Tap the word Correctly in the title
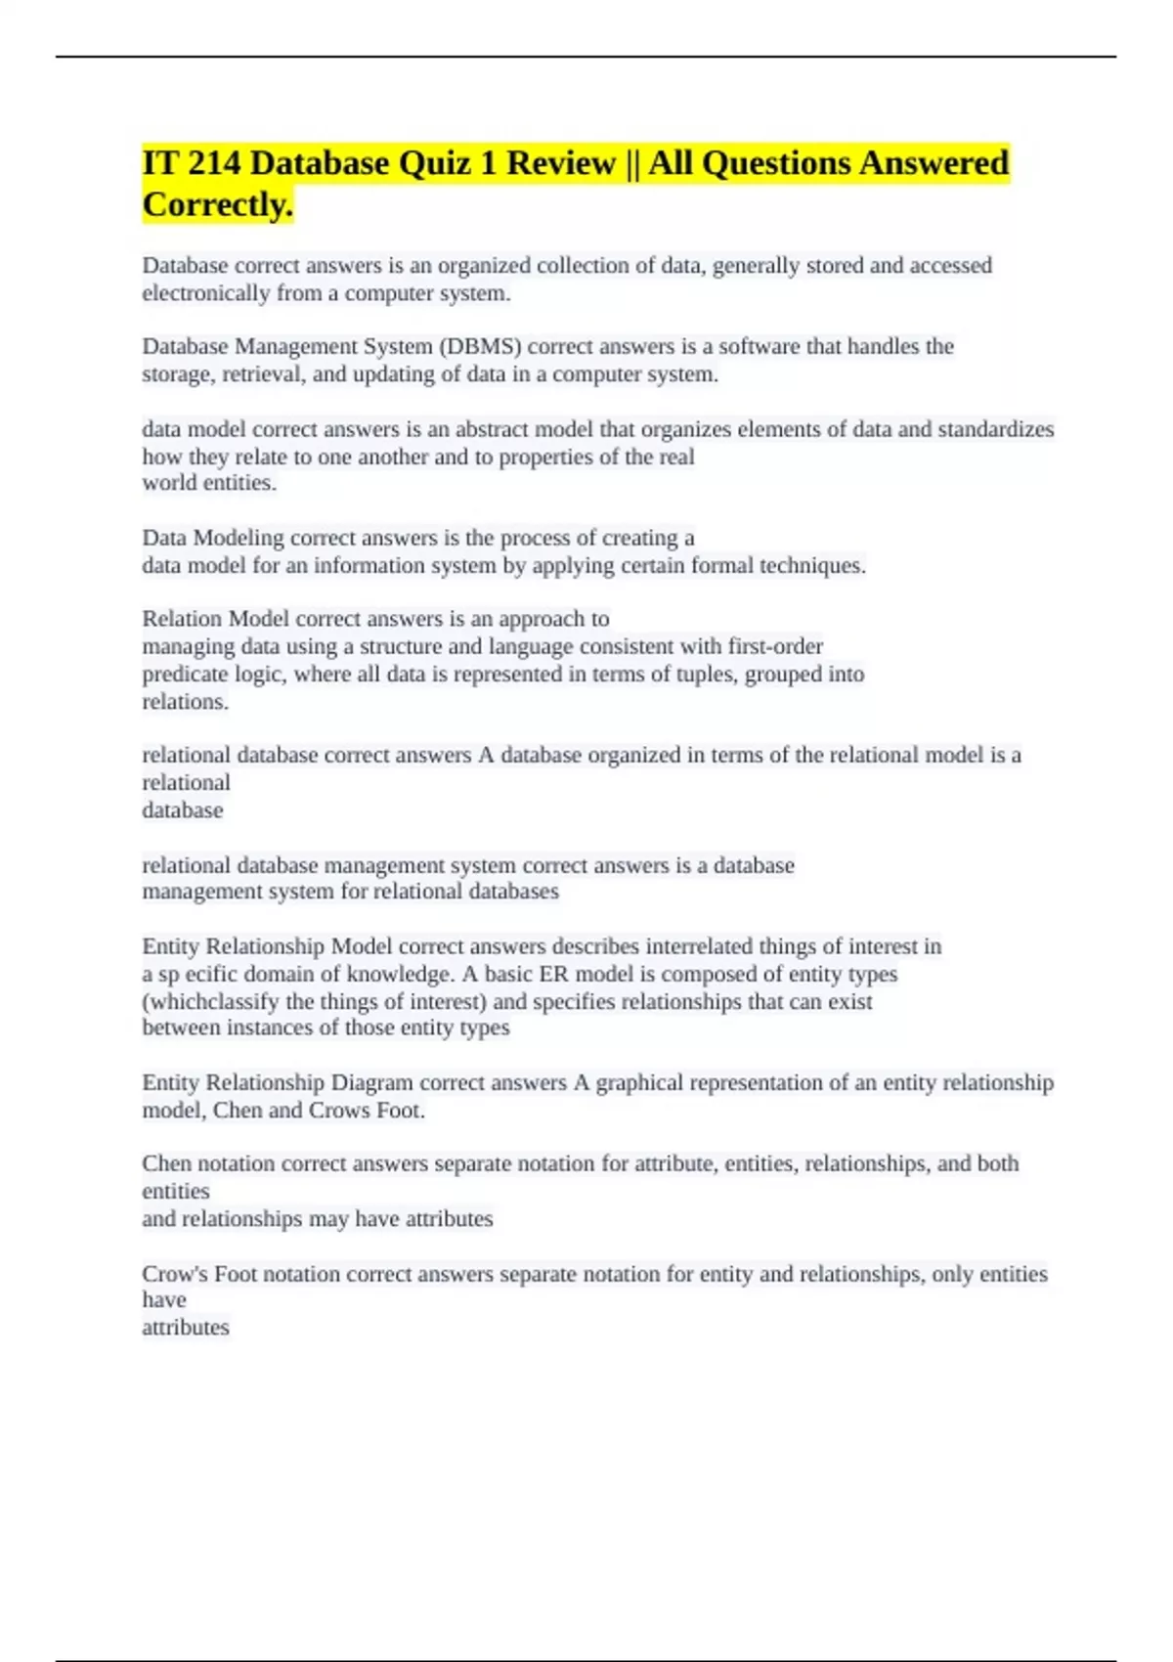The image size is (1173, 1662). point(218,205)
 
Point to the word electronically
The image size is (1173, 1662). point(205,294)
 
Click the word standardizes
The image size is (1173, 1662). point(995,430)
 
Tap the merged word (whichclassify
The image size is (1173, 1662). point(211,1002)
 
